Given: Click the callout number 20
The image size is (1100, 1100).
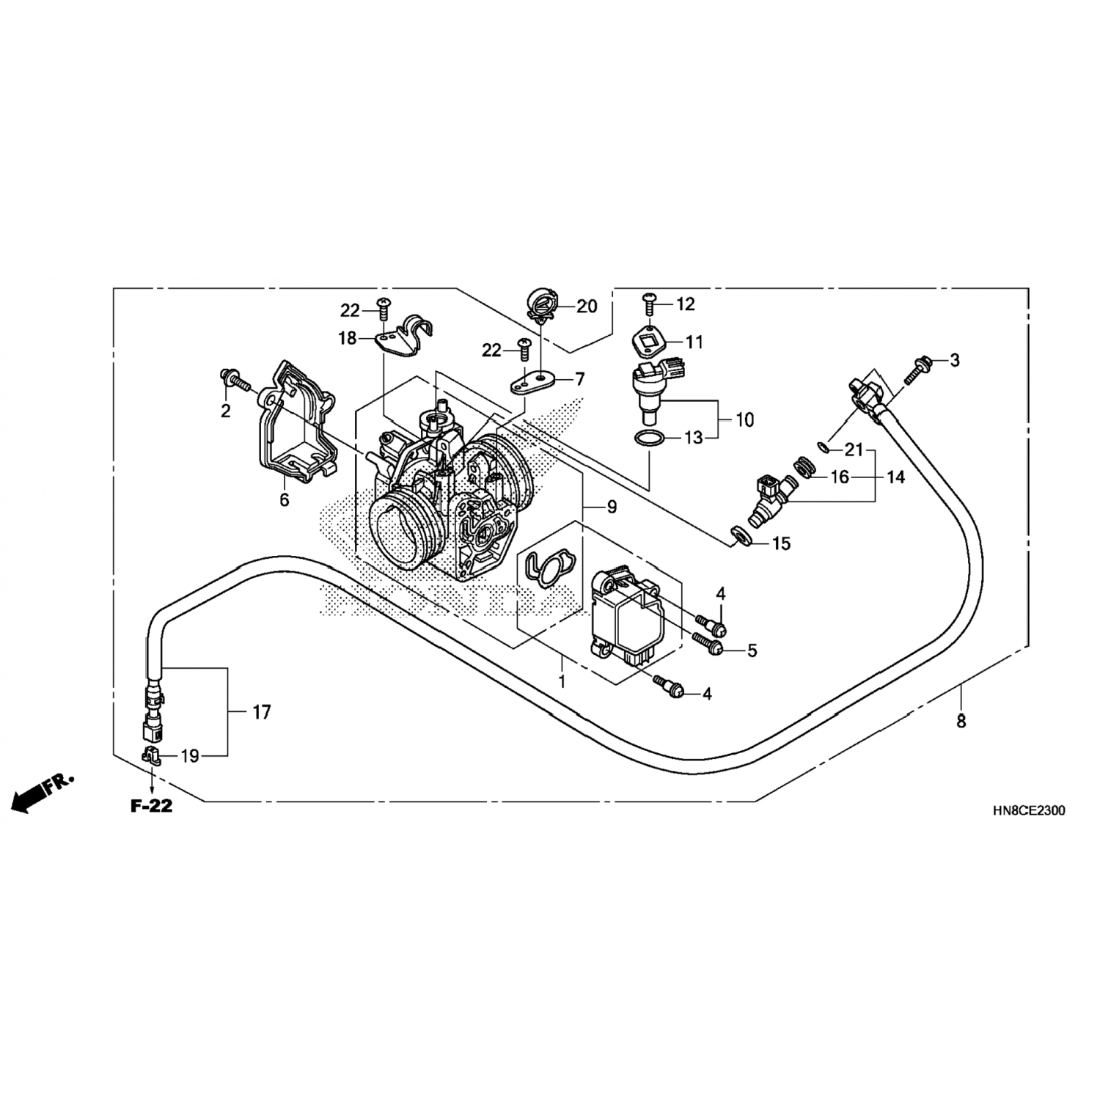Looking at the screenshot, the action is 587,306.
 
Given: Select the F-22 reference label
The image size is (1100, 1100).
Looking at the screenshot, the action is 152,806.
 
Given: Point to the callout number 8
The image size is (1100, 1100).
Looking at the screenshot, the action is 961,722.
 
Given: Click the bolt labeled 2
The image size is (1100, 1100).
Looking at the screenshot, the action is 233,381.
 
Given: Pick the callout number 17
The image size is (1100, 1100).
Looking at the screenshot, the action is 262,711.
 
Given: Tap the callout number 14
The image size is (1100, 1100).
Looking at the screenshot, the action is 895,477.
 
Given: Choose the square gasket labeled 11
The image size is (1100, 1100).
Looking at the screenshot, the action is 648,341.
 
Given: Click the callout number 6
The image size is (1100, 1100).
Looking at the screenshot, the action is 284,500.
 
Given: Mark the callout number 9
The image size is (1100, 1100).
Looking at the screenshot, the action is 611,506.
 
